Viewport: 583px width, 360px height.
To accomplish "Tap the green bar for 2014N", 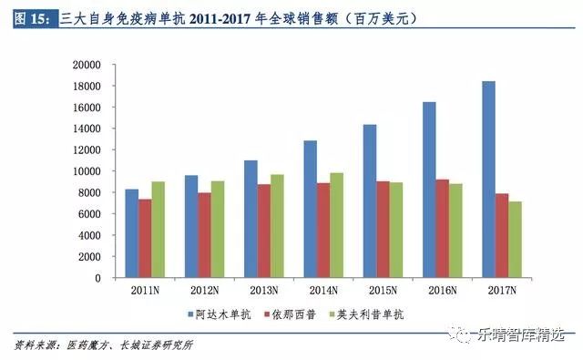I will pos(336,225).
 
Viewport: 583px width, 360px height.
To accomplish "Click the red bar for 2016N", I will pos(443,229).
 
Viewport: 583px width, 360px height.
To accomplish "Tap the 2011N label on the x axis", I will pos(145,291).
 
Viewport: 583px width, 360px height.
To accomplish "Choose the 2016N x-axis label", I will pos(442,291).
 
